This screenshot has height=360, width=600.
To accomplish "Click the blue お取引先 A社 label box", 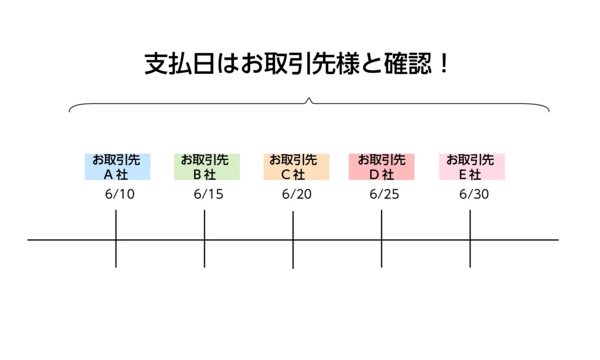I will (117, 167).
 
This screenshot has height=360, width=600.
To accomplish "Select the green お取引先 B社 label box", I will (207, 167).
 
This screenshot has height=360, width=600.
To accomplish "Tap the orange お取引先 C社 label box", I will (296, 167).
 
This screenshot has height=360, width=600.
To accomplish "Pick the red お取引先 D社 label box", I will (381, 167).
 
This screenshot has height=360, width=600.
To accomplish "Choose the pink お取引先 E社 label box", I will (472, 167).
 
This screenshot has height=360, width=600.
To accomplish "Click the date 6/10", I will (120, 195).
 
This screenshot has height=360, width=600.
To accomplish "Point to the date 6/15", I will (209, 195).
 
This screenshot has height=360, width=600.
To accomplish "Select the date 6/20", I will (296, 195).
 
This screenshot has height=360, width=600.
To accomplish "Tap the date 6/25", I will (384, 195).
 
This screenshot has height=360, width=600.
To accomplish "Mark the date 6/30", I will (473, 195).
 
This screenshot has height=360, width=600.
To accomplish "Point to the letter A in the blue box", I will (108, 174).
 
